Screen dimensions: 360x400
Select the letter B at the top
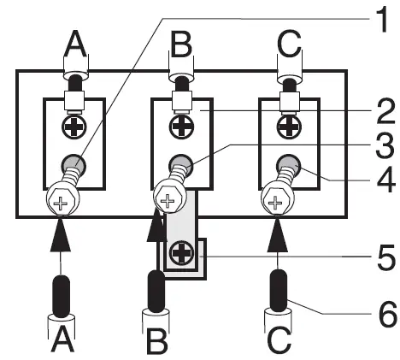tap(180, 43)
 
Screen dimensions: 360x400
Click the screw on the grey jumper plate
tap(179, 253)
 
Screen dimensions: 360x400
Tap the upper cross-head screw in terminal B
tap(180, 127)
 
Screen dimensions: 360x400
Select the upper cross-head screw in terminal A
tap(74, 127)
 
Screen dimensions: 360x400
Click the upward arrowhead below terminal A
tap(62, 234)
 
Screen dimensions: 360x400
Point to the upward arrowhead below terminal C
tap(276, 234)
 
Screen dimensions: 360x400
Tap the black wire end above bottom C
tap(278, 290)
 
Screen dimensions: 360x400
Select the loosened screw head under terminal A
tap(60, 204)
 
